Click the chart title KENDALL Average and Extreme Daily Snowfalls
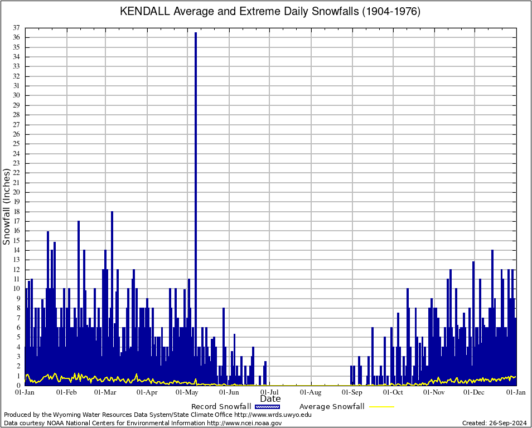(x=270, y=12)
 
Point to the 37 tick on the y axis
(x=18, y=28)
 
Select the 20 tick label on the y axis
(x=18, y=192)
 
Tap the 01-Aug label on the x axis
(x=311, y=392)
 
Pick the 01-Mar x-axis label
(x=105, y=392)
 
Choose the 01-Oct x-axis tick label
(x=393, y=392)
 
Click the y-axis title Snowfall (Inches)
(x=7, y=207)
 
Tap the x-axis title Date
(x=270, y=399)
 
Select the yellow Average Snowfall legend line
(x=381, y=407)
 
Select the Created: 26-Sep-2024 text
(x=495, y=423)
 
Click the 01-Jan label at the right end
(x=516, y=392)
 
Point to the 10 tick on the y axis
(x=18, y=289)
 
